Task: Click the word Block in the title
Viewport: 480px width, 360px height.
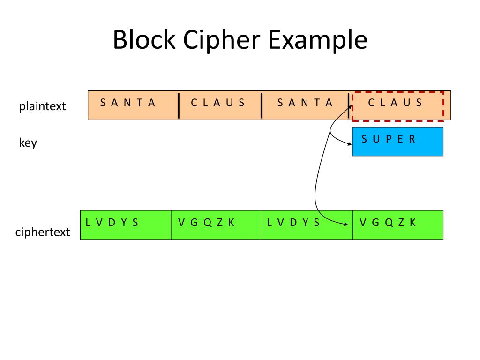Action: [144, 40]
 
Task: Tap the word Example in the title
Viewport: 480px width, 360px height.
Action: [317, 40]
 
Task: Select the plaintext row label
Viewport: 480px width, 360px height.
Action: [43, 106]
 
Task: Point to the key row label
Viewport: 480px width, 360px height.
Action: [28, 142]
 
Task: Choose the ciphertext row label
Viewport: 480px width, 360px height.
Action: [43, 232]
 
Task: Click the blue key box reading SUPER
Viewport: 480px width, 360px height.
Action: [397, 142]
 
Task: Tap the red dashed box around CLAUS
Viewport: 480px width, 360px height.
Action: [397, 106]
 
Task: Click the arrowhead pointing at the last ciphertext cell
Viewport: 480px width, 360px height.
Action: [347, 224]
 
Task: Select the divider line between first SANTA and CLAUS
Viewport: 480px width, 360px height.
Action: [179, 105]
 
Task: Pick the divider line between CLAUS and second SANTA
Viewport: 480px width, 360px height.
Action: [262, 105]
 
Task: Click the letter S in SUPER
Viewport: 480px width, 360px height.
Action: [364, 139]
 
